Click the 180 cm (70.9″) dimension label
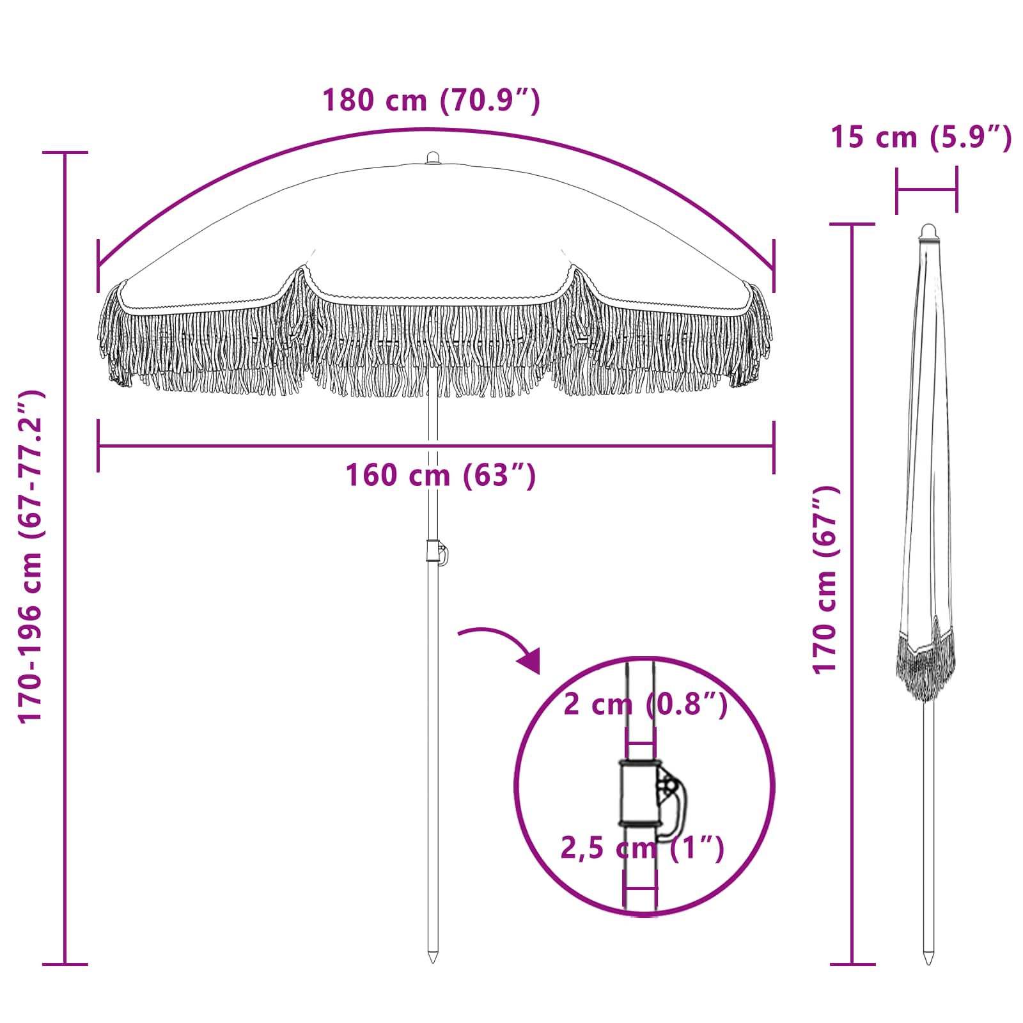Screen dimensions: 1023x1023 tap(431, 101)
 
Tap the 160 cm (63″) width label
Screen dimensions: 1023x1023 tap(440, 476)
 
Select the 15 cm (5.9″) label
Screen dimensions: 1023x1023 tap(921, 137)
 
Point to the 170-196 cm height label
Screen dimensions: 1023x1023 tap(31, 556)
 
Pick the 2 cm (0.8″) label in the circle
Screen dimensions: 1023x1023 tap(644, 705)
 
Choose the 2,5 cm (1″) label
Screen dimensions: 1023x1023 tap(642, 848)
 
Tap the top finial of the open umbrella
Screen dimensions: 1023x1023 tap(433, 158)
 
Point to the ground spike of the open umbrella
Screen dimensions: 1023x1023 tap(433, 957)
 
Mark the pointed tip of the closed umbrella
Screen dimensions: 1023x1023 tap(928, 959)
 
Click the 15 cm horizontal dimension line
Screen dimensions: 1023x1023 tap(926, 190)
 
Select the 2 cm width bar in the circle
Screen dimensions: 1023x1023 tap(640, 744)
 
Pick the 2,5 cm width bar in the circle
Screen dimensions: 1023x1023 tap(641, 888)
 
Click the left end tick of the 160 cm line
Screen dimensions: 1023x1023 tap(98, 446)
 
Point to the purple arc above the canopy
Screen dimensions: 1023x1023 tap(435, 131)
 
